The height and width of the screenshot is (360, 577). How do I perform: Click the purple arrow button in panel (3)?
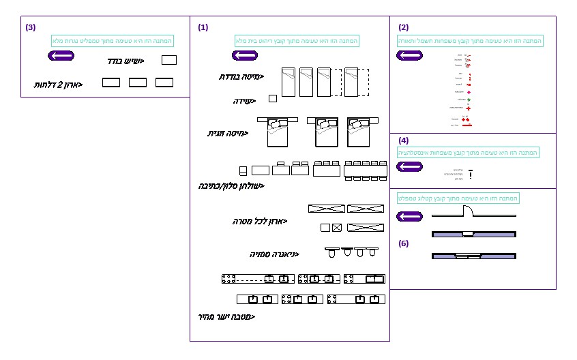(x=60, y=55)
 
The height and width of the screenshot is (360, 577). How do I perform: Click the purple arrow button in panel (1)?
(x=245, y=55)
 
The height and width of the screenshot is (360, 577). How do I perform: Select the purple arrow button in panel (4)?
(x=410, y=166)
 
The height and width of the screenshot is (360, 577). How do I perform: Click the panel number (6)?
(x=404, y=243)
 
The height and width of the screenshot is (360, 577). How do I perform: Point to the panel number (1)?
(x=203, y=27)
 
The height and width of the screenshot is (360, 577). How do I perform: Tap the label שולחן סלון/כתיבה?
(x=231, y=185)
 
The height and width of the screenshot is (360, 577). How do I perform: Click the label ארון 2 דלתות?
(x=59, y=85)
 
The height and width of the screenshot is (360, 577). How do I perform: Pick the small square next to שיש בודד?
(x=169, y=60)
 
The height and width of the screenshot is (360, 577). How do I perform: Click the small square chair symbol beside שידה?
(x=273, y=99)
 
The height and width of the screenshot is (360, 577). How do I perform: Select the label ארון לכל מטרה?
(x=259, y=222)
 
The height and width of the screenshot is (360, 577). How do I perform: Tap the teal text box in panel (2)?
(x=470, y=41)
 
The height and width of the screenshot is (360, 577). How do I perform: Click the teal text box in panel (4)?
(x=468, y=153)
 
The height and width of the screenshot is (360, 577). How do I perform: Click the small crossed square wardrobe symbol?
(x=337, y=227)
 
